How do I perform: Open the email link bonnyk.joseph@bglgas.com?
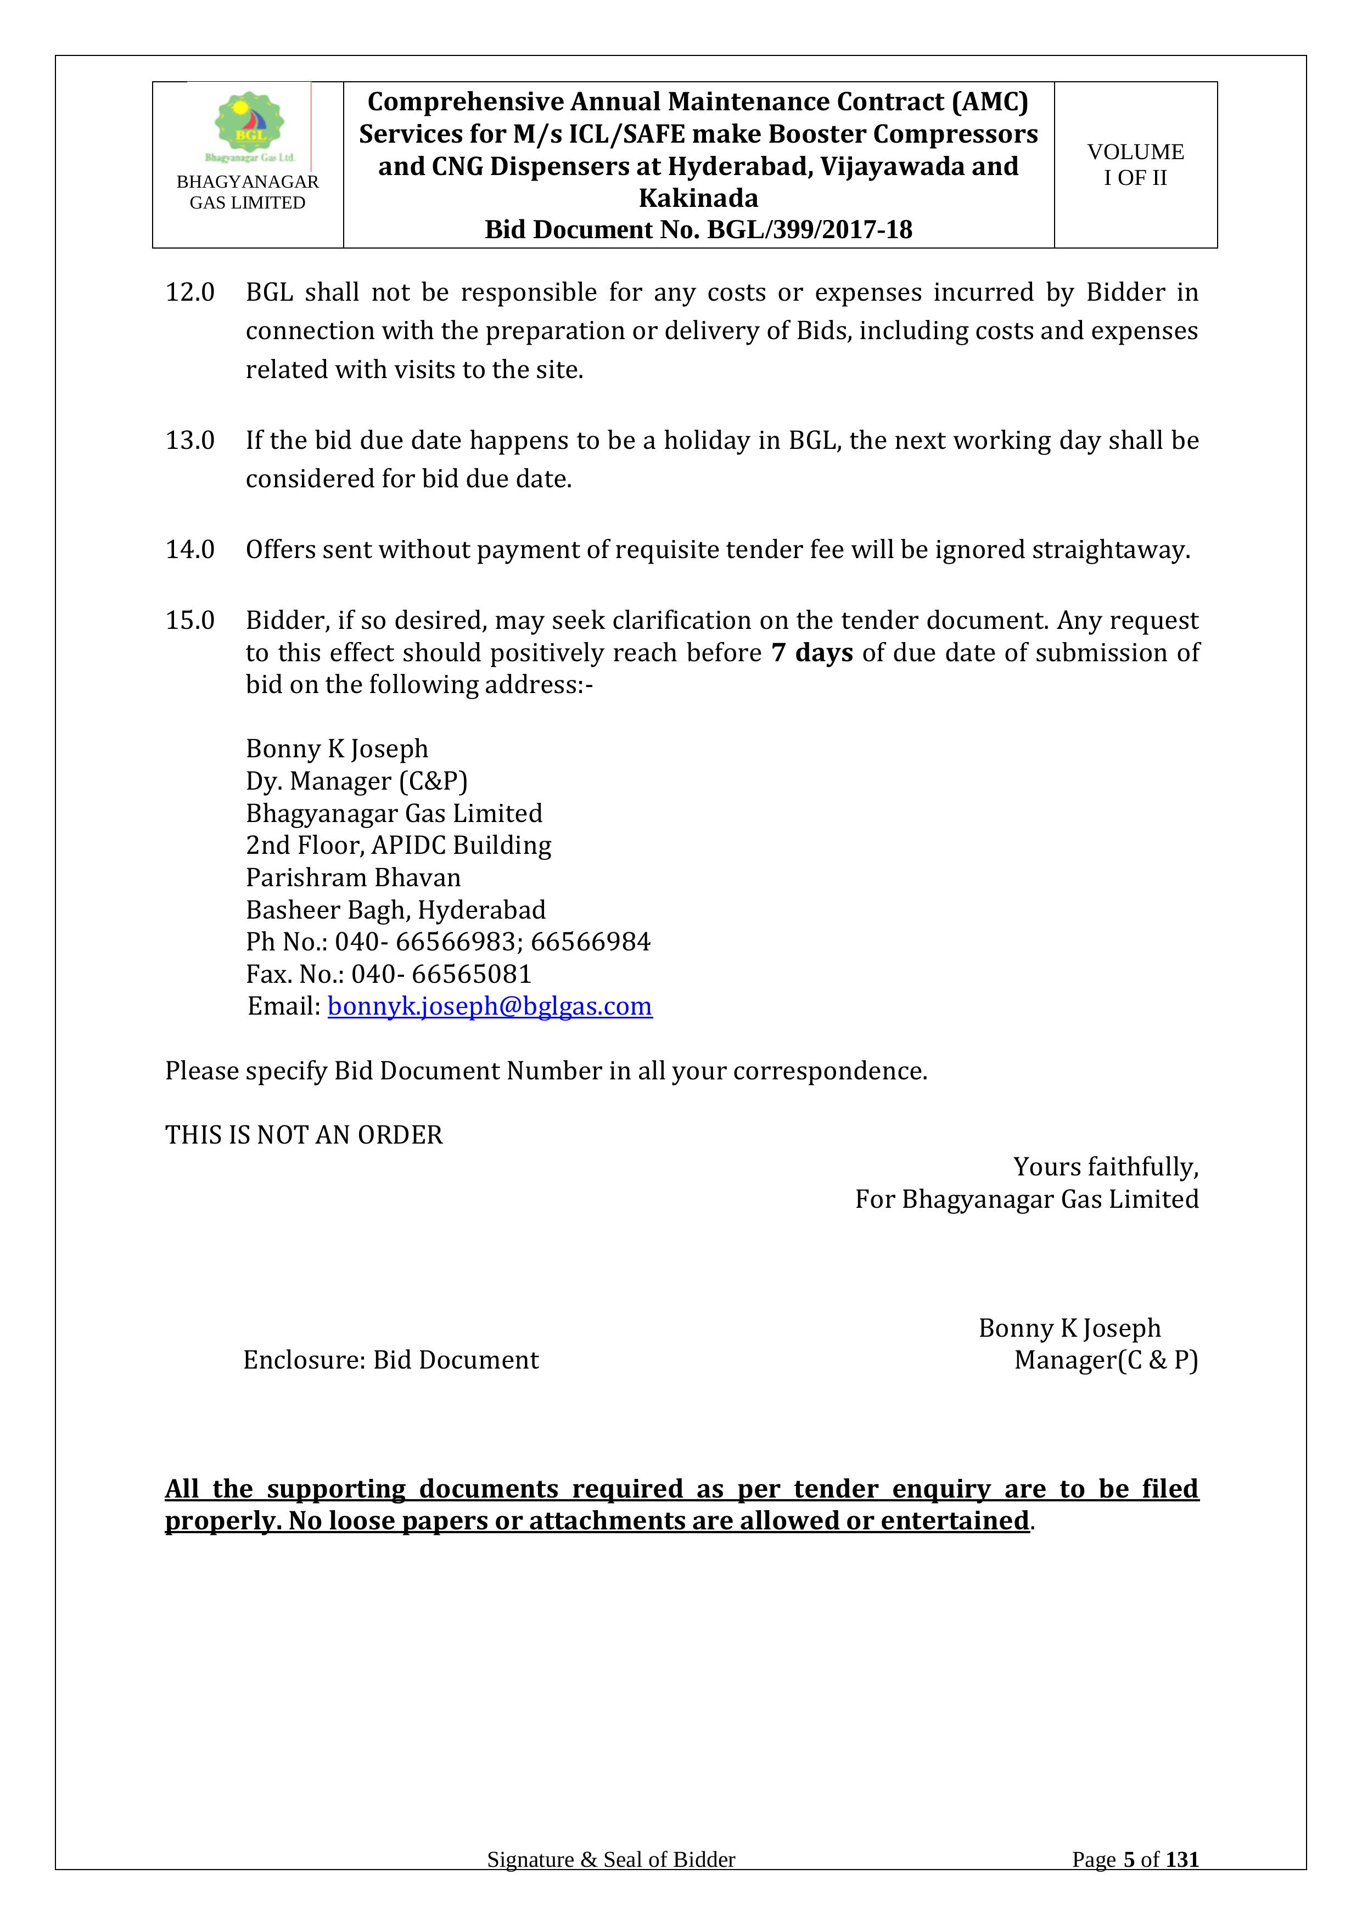[x=490, y=1006]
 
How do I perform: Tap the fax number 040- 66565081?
[x=441, y=974]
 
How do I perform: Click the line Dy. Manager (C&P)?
[x=356, y=781]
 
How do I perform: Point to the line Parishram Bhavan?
[x=353, y=878]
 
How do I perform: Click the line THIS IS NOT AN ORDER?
[x=304, y=1135]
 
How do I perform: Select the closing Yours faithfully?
[x=1106, y=1167]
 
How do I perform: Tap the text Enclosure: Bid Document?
[x=391, y=1360]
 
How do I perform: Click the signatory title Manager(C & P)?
[x=1106, y=1360]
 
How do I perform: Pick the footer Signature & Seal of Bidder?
[x=610, y=1883]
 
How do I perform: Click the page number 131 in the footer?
[x=1182, y=1883]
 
